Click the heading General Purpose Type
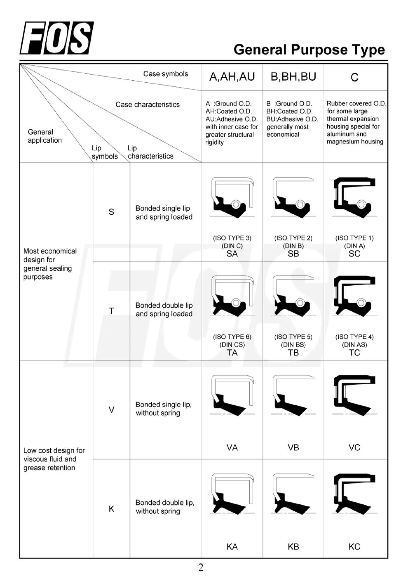[309, 50]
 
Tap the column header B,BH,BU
[293, 77]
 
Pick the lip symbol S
[111, 212]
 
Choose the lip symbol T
[111, 311]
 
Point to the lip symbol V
[111, 410]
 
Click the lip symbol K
[111, 509]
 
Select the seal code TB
[293, 353]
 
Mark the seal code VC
[354, 447]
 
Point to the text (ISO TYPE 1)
[354, 238]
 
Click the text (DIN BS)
[293, 345]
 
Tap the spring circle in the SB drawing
[300, 204]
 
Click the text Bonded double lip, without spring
[165, 507]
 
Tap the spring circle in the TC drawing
[361, 303]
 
